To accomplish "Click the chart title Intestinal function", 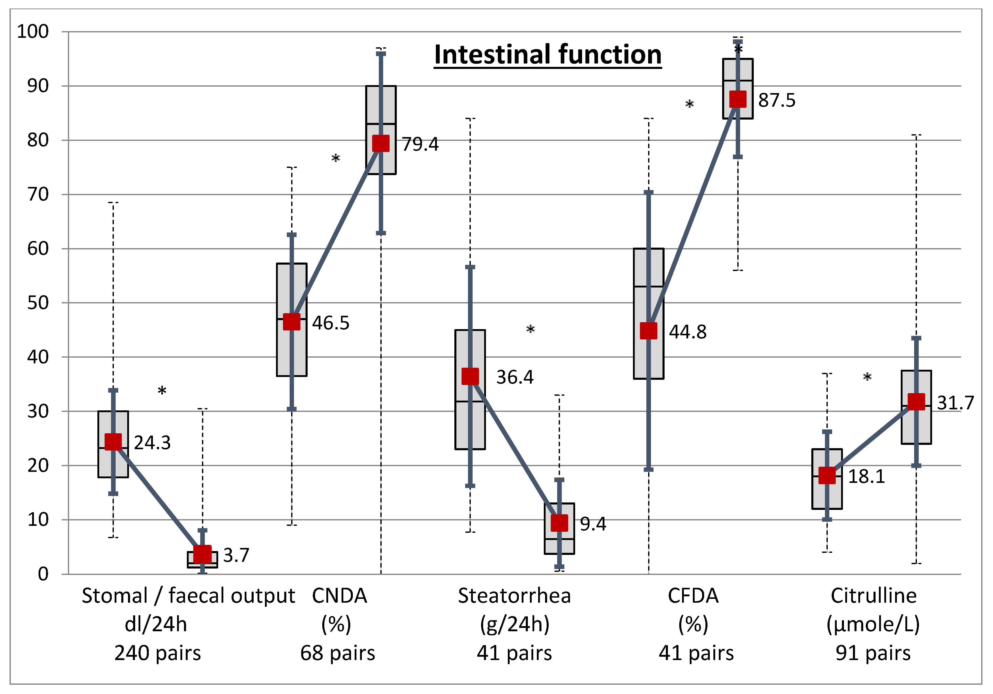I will point(548,55).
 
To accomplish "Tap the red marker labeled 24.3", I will point(113,442).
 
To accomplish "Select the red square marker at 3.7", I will point(203,554).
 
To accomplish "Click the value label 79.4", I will point(420,144).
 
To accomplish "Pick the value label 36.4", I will point(515,377).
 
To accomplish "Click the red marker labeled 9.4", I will point(559,523).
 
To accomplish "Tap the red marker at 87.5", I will point(738,99).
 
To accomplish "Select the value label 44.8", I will point(688,332).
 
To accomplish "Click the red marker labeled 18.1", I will point(827,475).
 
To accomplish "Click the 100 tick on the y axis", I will point(33,32).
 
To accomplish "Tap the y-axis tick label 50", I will point(38,303).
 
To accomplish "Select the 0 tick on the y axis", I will point(43,574).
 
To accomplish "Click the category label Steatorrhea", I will point(514,596).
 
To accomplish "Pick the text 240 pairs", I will point(158,653).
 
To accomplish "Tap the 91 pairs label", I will point(873,653).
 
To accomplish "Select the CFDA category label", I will point(693,596).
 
